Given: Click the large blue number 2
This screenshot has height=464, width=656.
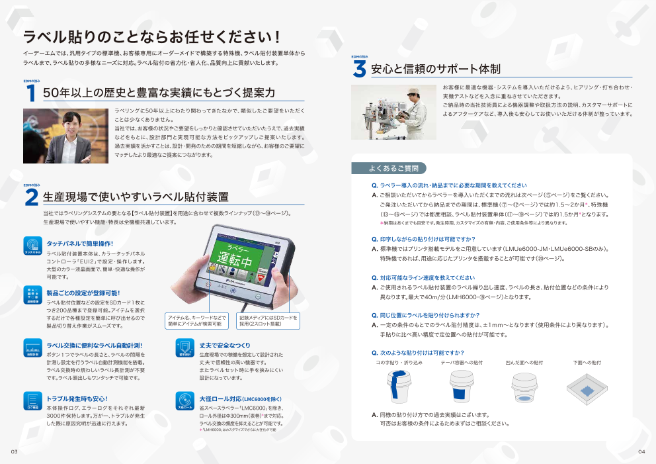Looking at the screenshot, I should click(x=30, y=197).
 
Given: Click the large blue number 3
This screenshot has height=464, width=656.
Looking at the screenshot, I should click(x=359, y=69).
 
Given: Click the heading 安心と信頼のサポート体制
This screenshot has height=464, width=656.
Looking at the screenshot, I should click(x=435, y=69).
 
